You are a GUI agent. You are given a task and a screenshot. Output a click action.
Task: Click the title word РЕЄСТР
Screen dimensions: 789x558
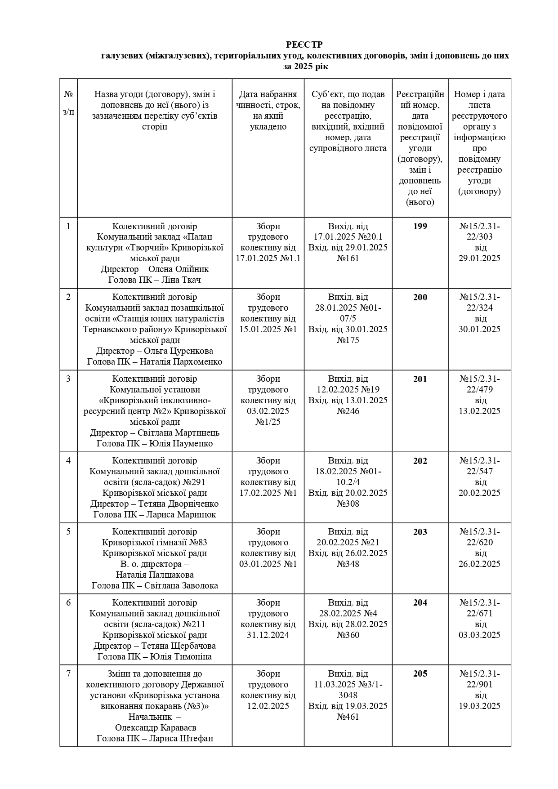click(x=304, y=45)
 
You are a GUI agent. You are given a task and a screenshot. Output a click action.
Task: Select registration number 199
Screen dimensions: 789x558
click(x=420, y=226)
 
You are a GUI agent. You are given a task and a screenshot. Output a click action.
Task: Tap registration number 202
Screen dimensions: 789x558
click(x=420, y=461)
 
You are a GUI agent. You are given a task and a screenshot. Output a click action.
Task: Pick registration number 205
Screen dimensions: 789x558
click(x=420, y=673)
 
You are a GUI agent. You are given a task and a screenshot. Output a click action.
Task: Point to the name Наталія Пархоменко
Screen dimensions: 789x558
click(x=181, y=361)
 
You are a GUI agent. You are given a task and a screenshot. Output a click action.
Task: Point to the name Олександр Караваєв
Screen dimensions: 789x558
click(x=156, y=727)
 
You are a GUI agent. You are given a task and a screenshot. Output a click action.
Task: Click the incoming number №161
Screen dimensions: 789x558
click(x=348, y=258)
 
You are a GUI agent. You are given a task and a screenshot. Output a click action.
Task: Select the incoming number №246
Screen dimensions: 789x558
click(x=348, y=411)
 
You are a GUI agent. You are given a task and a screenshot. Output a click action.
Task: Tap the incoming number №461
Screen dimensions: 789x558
click(x=348, y=717)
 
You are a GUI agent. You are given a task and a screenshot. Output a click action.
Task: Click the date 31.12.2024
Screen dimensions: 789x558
click(x=268, y=635)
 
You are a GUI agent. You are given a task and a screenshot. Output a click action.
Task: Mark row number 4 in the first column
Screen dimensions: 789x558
click(x=68, y=461)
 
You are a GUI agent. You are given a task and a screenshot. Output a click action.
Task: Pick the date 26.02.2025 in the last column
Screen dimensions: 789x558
click(x=479, y=564)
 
